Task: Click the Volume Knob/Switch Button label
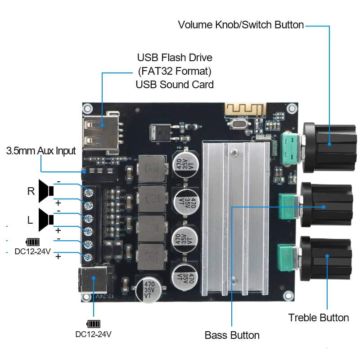241,25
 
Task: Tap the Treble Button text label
318,318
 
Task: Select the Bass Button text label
232,335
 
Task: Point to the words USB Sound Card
175,84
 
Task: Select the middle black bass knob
328,206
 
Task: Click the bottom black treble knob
328,261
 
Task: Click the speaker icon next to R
45,191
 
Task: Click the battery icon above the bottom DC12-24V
93,324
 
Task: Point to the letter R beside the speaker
31,191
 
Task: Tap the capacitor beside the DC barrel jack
148,290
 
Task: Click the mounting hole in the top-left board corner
88,108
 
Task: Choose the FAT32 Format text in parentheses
175,71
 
